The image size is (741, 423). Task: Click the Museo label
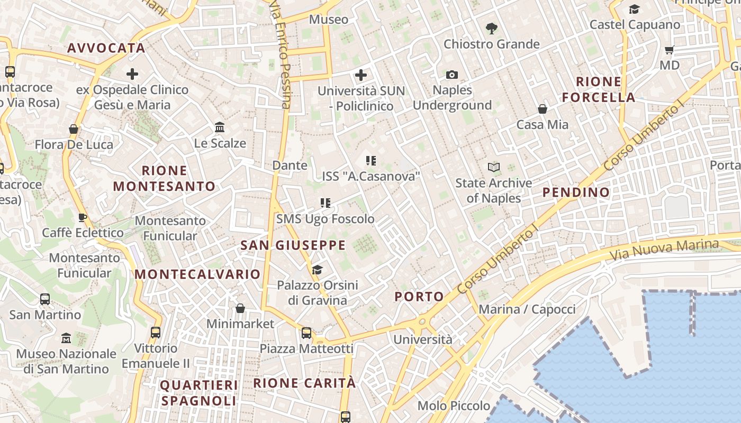[x=329, y=20]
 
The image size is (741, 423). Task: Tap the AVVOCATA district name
[x=106, y=48]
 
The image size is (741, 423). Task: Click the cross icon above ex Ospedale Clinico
[x=132, y=74]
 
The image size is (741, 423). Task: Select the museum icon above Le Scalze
[x=220, y=127]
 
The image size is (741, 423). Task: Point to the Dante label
[x=290, y=165]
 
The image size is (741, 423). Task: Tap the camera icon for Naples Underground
[x=451, y=75]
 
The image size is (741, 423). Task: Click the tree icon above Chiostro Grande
[x=491, y=28]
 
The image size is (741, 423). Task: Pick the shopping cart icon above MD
[x=670, y=50]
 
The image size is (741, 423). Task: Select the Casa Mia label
[x=542, y=125]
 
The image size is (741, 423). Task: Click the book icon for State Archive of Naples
[x=494, y=168]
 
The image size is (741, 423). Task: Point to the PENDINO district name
[x=576, y=192]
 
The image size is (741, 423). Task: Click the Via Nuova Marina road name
[x=664, y=249]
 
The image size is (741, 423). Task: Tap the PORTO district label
[x=419, y=297]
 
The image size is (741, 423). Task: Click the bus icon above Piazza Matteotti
[x=306, y=333]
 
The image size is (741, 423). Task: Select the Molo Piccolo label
[x=454, y=406]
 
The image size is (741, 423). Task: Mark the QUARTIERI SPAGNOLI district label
[x=199, y=393]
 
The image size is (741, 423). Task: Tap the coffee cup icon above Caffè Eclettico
[x=83, y=217]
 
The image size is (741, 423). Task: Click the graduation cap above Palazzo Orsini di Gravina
[x=317, y=270]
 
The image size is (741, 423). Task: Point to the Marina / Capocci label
[x=527, y=309]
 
